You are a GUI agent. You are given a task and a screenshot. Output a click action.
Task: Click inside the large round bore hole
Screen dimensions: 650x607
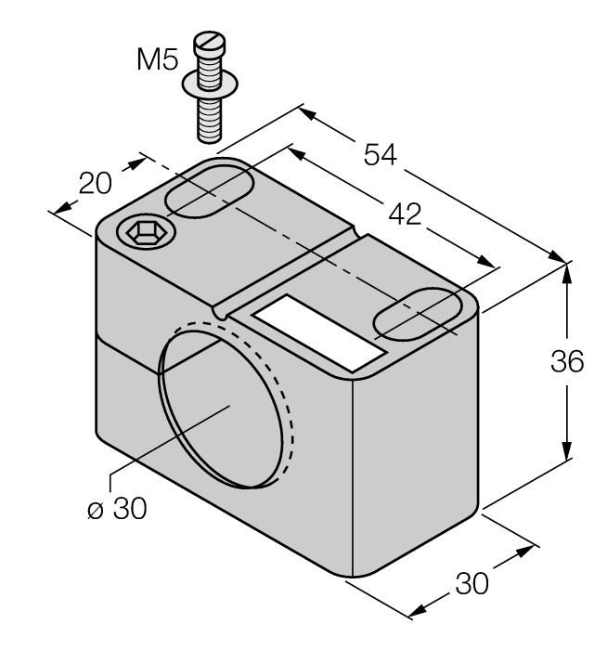click(x=222, y=405)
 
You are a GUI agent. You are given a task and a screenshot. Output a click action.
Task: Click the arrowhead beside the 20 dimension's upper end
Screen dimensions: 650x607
click(x=139, y=162)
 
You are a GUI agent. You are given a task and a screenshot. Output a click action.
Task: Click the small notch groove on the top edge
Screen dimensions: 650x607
click(x=221, y=314)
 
